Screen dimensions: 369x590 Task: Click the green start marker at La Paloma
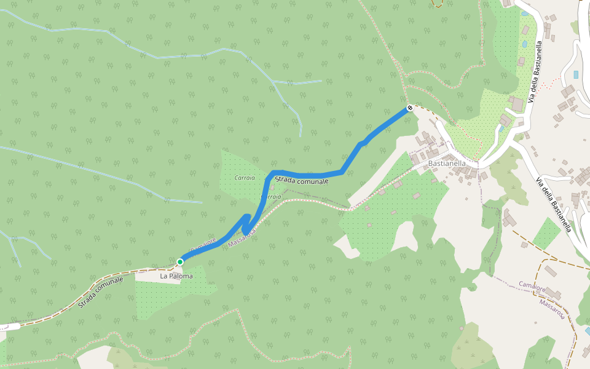tap(180, 262)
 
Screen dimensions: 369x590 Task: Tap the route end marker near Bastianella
tap(409, 108)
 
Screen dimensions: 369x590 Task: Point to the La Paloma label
tap(176, 276)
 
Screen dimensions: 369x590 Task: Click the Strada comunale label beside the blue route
tap(302, 180)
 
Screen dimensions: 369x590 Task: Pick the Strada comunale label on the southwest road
tap(101, 292)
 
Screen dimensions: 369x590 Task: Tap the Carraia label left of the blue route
tap(245, 177)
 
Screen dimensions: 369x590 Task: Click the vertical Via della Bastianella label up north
tap(538, 68)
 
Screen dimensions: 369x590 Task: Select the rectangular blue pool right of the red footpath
tap(575, 74)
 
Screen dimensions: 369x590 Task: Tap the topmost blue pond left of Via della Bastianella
tap(524, 12)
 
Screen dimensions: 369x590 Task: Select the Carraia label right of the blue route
tap(271, 197)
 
